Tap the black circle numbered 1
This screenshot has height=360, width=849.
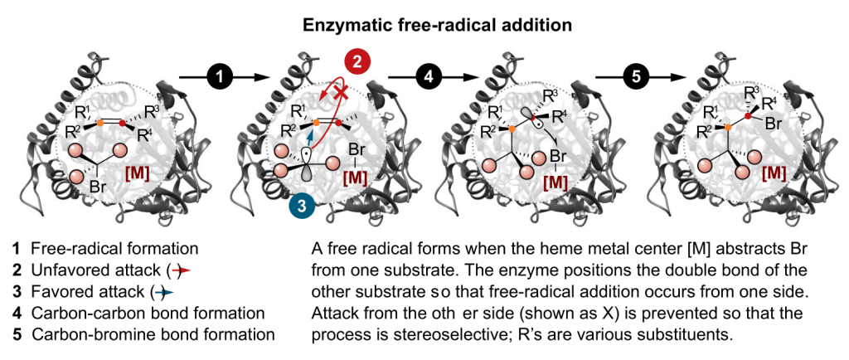pos(219,77)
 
